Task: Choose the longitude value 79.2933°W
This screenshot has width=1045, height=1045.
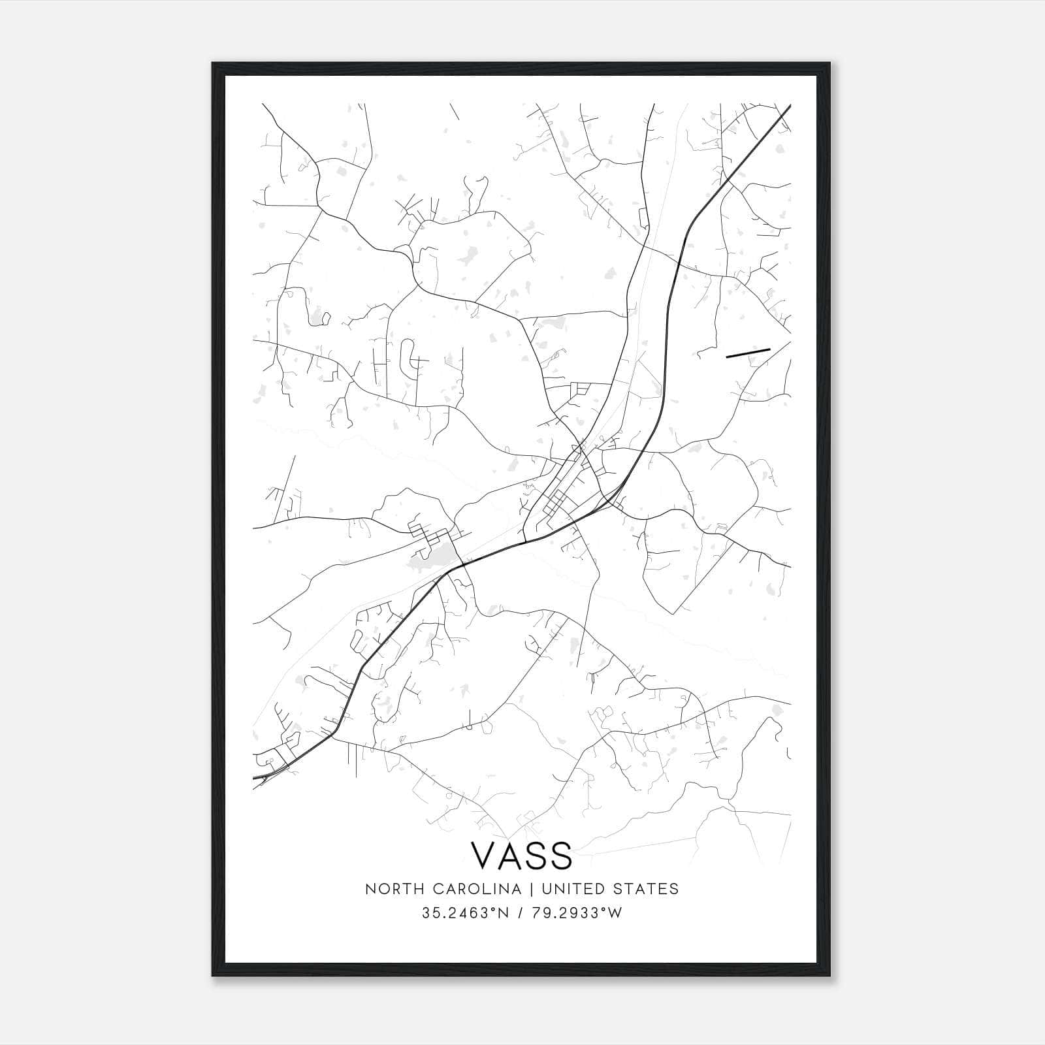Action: click(575, 914)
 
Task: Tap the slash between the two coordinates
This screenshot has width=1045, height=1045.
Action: click(519, 914)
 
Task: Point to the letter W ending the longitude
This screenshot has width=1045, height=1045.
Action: click(616, 914)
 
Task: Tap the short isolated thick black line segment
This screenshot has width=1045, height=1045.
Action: click(748, 353)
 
